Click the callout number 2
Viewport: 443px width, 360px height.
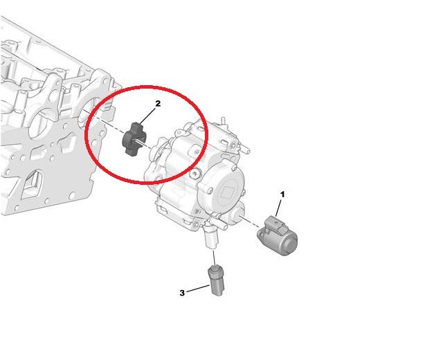[158, 104]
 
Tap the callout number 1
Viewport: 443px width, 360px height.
[282, 195]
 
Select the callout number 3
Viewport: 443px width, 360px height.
[182, 293]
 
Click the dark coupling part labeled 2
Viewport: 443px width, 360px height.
[134, 139]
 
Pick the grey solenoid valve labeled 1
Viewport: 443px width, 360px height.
[278, 235]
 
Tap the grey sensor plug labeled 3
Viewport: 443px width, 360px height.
[217, 280]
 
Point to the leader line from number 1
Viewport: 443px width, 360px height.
[278, 208]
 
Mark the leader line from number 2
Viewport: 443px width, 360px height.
[147, 116]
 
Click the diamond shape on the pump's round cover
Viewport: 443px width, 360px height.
[227, 193]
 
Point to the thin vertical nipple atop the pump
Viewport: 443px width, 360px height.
[223, 120]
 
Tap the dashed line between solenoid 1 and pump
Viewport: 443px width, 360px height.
[251, 222]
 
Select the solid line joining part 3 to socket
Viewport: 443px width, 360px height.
[215, 258]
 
